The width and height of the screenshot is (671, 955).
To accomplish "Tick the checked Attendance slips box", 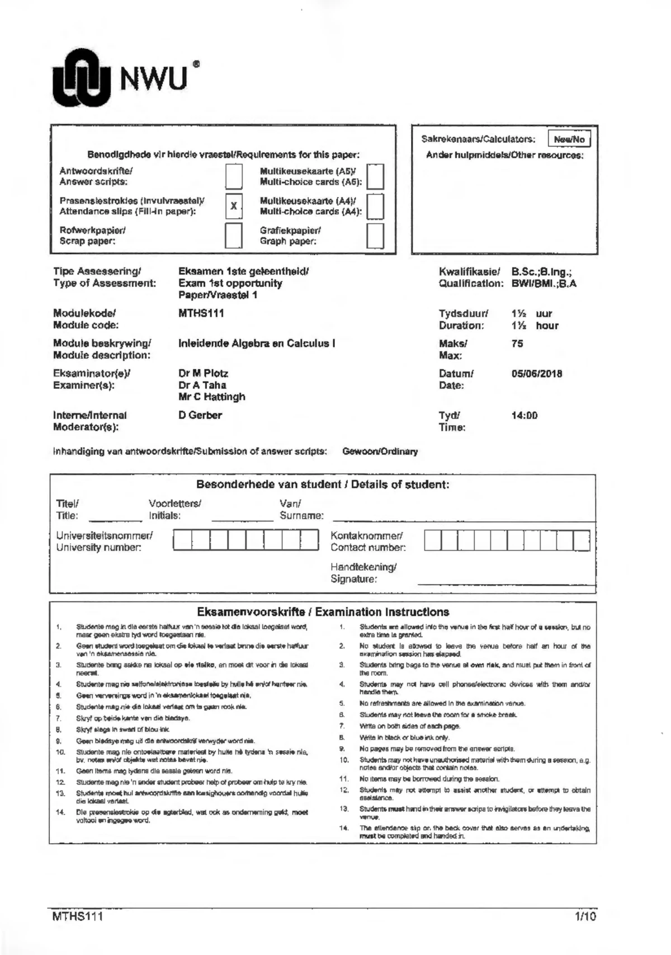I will coord(234,206).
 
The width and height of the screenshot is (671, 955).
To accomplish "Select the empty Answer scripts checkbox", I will coord(234,176).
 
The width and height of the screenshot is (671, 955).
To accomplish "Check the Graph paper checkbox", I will coord(375,236).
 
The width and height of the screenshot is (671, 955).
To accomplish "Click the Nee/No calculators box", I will coord(569,139).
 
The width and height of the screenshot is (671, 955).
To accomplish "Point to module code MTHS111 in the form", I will coord(201,313).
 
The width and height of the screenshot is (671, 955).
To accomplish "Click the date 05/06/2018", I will coord(537,374).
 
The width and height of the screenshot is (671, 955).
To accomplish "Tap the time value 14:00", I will coord(524,416).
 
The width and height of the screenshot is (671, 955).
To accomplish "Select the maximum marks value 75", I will coord(517,344).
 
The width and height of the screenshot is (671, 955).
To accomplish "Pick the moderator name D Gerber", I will coord(200,415).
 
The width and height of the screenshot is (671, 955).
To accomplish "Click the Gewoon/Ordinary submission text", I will coord(380,451).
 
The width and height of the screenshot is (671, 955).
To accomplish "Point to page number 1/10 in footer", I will coord(585,916).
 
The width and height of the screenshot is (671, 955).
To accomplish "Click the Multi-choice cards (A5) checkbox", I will coord(375,176).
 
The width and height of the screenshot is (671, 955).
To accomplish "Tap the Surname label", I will coord(301,515).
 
